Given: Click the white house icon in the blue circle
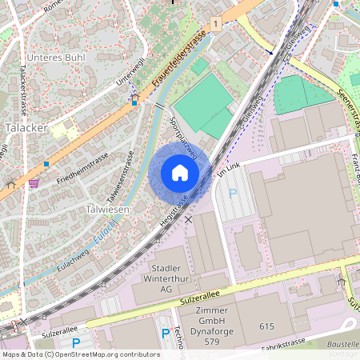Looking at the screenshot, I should click(180, 172).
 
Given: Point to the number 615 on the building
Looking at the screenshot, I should click(266, 326).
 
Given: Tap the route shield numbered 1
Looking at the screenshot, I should click(216, 25).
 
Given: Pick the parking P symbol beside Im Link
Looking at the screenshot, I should click(233, 193).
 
